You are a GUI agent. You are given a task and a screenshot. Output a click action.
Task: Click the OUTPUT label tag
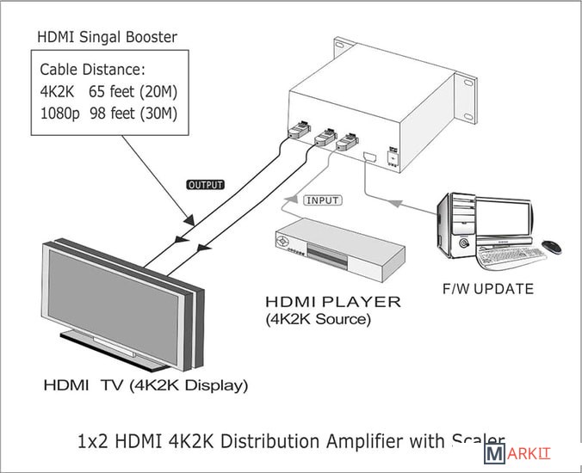coord(205,185)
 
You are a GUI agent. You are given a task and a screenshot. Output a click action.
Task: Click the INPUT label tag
coord(322,200)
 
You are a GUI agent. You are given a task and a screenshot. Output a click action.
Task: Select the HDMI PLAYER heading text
coord(332,302)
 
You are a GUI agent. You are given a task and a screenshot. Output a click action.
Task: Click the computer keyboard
coord(511,256)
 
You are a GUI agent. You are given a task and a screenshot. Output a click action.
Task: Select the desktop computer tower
coord(457,226)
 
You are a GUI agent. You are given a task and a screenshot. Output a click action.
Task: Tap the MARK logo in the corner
coord(517,454)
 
